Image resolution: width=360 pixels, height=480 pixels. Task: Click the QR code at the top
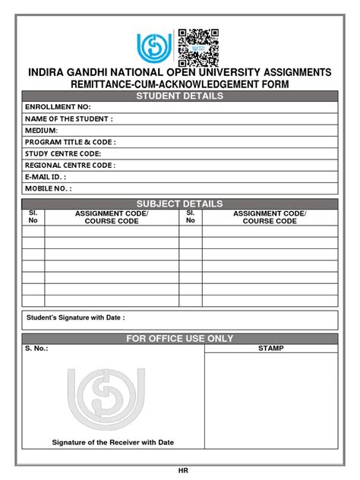(x=198, y=47)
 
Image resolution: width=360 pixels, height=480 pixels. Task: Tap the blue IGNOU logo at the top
(x=155, y=49)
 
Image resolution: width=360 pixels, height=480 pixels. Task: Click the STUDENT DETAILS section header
(x=179, y=96)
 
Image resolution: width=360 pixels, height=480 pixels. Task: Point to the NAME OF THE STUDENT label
(x=69, y=119)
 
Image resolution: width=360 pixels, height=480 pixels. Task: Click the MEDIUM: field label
(x=42, y=131)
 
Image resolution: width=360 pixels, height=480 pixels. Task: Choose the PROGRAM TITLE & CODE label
(x=71, y=142)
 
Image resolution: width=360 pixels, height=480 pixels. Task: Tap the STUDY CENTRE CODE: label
(x=63, y=153)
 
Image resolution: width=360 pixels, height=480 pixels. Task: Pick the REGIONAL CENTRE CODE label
(x=70, y=165)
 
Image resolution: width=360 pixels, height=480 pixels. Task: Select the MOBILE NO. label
(x=49, y=188)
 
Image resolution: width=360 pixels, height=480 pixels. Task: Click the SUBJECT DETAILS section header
(x=179, y=204)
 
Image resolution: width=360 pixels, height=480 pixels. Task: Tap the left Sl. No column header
(x=33, y=218)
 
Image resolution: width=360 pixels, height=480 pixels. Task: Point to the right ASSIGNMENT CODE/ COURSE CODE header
(x=269, y=218)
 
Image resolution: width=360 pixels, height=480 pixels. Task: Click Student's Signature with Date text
(x=75, y=317)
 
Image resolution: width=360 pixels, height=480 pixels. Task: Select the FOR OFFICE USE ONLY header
(x=179, y=338)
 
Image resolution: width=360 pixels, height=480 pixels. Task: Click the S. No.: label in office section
(x=36, y=349)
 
